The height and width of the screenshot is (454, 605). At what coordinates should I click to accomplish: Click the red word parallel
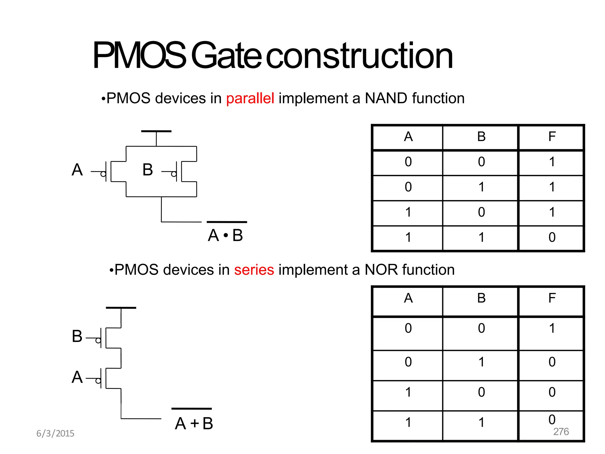point(250,98)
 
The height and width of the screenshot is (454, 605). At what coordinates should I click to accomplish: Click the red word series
point(254,270)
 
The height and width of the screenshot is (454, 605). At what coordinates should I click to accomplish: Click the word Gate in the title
point(226,56)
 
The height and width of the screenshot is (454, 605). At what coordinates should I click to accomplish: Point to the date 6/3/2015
point(55,433)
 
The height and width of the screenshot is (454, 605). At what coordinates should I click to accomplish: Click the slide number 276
point(561,432)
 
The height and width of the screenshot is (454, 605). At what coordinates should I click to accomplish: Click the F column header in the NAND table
point(552,137)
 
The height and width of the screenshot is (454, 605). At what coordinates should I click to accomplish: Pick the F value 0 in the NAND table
point(552,237)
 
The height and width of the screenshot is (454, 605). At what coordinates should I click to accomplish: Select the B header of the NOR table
point(481,298)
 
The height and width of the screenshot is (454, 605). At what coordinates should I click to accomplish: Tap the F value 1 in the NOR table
point(552,328)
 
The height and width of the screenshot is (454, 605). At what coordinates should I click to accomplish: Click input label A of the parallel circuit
point(77,170)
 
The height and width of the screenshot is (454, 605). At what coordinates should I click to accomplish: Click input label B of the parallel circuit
point(148,170)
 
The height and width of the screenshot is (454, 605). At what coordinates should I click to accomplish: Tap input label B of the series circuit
point(77,336)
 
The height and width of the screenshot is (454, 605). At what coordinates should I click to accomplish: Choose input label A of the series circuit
point(77,377)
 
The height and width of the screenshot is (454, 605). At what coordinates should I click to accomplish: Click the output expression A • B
point(226,235)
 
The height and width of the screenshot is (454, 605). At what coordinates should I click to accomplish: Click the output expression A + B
point(193,423)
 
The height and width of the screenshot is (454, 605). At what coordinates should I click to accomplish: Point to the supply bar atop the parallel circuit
point(156,131)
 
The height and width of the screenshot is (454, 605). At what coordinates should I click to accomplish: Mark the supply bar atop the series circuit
point(121,308)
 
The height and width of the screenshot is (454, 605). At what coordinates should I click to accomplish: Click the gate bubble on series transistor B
point(98,340)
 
